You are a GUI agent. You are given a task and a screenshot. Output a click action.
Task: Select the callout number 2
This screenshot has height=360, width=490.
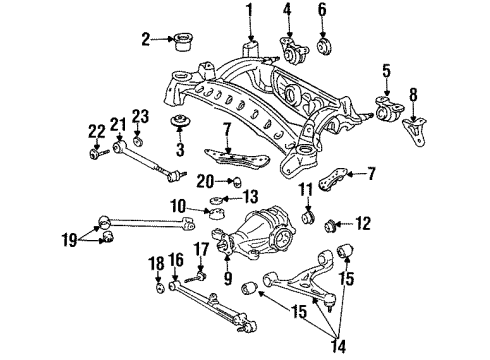[147, 41]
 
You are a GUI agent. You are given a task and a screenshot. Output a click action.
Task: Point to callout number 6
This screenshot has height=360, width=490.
[286, 12]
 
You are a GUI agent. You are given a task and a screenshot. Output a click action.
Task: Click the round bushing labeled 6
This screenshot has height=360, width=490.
[323, 46]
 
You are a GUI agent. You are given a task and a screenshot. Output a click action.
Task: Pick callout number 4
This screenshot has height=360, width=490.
[322, 12]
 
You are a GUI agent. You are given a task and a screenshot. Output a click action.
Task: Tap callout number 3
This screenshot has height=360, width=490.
[180, 151]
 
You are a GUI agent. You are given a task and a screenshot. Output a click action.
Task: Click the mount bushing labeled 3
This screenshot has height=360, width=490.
[181, 124]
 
